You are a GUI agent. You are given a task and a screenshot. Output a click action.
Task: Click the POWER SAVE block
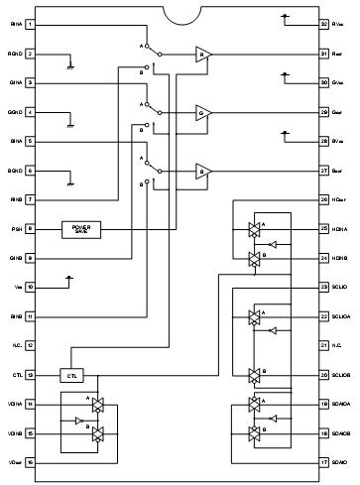80,228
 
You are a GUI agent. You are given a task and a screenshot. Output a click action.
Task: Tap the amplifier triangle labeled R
203,54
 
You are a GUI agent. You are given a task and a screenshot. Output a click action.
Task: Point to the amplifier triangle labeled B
203,170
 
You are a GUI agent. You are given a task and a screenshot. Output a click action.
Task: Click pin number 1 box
30,23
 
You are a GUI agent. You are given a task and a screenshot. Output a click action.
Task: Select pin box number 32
323,23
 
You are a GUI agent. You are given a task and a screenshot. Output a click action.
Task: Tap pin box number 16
30,461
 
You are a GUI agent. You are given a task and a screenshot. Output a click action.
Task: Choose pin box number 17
323,461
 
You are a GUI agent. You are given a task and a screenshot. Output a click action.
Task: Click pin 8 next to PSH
30,228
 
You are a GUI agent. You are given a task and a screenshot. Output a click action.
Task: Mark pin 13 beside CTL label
30,375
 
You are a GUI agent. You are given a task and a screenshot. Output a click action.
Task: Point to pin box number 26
323,199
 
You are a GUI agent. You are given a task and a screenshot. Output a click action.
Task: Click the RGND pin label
13,54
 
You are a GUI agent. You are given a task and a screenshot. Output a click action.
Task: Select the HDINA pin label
342,229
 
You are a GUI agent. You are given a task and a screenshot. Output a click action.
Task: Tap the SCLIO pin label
341,287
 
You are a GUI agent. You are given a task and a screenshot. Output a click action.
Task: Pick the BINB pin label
13,316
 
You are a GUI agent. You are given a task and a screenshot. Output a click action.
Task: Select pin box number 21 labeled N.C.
323,345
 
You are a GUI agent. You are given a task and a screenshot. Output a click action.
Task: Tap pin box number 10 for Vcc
30,287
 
